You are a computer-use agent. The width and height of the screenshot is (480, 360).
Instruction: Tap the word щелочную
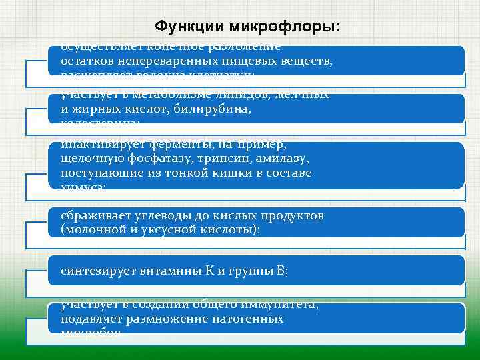point(89,158)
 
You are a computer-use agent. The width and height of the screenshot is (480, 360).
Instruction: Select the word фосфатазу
point(155,158)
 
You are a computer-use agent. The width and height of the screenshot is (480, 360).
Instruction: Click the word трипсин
point(213,158)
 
